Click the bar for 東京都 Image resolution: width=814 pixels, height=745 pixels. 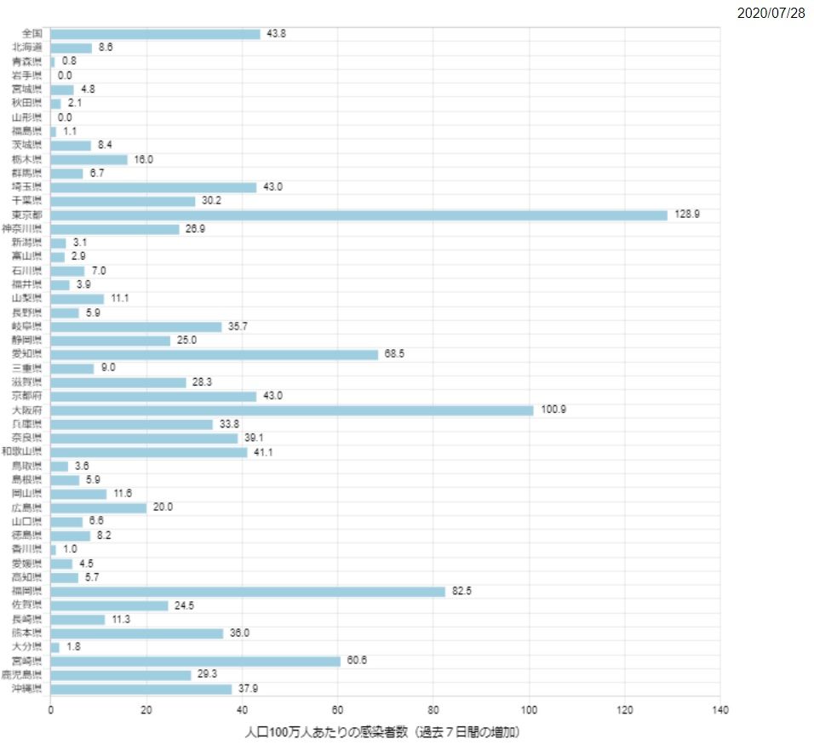[358, 215]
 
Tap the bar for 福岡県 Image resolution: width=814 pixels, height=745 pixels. [248, 592]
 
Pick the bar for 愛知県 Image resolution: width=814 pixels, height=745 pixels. [214, 354]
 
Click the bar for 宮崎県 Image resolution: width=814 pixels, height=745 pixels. [195, 662]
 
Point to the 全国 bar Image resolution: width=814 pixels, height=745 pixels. [155, 34]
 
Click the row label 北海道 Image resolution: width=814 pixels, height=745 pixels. [28, 48]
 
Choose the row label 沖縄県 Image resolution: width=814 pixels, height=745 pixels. [28, 689]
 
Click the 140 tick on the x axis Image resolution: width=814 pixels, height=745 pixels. [720, 710]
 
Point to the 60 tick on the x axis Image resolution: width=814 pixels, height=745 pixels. [338, 710]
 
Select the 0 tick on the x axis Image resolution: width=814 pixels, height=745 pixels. [50, 710]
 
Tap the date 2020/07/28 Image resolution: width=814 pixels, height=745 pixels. [771, 14]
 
